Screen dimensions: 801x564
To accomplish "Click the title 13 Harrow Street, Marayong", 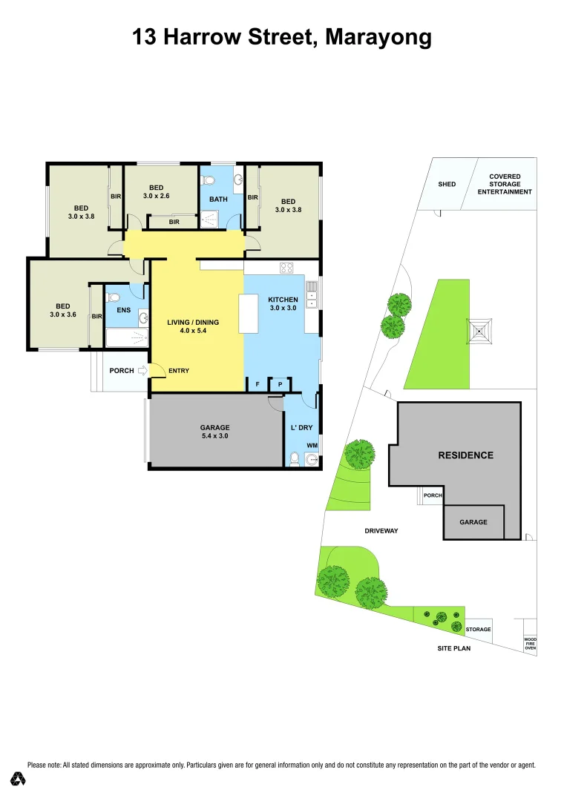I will [x=282, y=36].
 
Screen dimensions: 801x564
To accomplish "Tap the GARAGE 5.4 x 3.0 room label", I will [x=214, y=432].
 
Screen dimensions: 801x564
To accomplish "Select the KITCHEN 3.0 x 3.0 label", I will [x=282, y=303].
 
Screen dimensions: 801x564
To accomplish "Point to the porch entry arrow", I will [x=142, y=370].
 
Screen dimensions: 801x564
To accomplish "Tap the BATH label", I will [x=218, y=199].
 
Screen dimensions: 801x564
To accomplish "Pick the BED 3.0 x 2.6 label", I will [x=156, y=192].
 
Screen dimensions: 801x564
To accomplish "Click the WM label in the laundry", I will [x=312, y=445].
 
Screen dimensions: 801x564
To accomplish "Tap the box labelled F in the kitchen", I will [x=257, y=384].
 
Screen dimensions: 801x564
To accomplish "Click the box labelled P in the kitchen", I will [x=280, y=384].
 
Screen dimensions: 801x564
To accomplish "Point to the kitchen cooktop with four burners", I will [x=287, y=268].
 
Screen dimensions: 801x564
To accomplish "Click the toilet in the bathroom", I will [x=209, y=179].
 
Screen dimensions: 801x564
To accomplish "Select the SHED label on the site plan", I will [x=447, y=185].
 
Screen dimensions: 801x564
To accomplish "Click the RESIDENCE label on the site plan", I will [x=465, y=455].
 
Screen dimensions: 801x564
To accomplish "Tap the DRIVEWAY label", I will [x=382, y=531].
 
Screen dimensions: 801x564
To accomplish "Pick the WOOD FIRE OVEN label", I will [x=530, y=643].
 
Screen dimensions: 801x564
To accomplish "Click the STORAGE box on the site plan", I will [x=479, y=629].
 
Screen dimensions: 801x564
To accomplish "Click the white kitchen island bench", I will [x=249, y=313].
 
